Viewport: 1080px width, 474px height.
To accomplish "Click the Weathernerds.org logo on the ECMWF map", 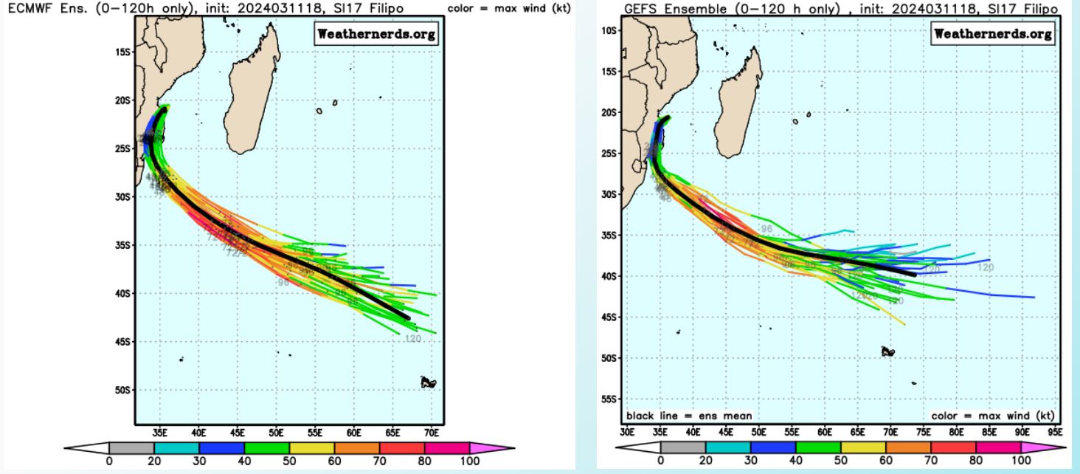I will (x=376, y=34).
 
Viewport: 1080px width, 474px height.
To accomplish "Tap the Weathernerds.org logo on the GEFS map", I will (x=993, y=34).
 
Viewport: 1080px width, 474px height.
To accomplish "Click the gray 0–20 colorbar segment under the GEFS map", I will (x=683, y=447).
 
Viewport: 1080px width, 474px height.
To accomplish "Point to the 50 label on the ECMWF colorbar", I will (x=289, y=461).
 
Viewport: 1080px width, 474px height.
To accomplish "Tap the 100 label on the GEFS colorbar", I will (x=1022, y=461).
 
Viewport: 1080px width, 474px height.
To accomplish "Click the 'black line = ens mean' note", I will (x=678, y=416).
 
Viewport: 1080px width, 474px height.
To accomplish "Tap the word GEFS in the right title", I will (x=640, y=7).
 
